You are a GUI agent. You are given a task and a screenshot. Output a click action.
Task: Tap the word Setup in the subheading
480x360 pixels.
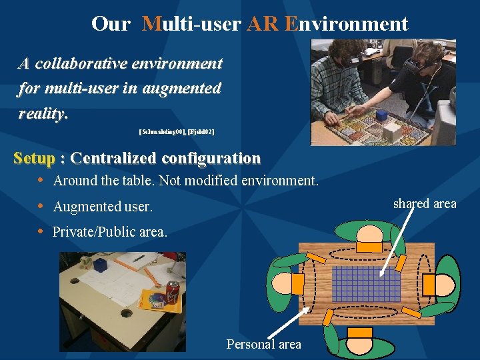pos(34,159)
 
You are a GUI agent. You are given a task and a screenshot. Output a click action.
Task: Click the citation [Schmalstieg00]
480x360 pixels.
pos(162,133)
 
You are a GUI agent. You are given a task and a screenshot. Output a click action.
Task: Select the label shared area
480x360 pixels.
pos(424,203)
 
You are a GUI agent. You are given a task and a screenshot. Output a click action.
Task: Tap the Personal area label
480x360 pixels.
pos(263,344)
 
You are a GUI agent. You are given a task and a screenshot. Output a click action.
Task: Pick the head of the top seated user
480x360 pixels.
pos(368,233)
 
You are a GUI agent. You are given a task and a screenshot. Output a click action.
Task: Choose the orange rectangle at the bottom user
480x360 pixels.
pos(360,332)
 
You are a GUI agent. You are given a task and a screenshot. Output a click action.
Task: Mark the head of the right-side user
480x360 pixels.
pos(444,283)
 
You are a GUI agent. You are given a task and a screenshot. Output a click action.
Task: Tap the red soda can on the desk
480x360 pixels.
pos(172,292)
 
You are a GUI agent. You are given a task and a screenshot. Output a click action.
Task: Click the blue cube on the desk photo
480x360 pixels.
pos(101,265)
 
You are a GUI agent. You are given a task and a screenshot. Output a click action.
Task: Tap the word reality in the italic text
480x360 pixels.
pos(43,113)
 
